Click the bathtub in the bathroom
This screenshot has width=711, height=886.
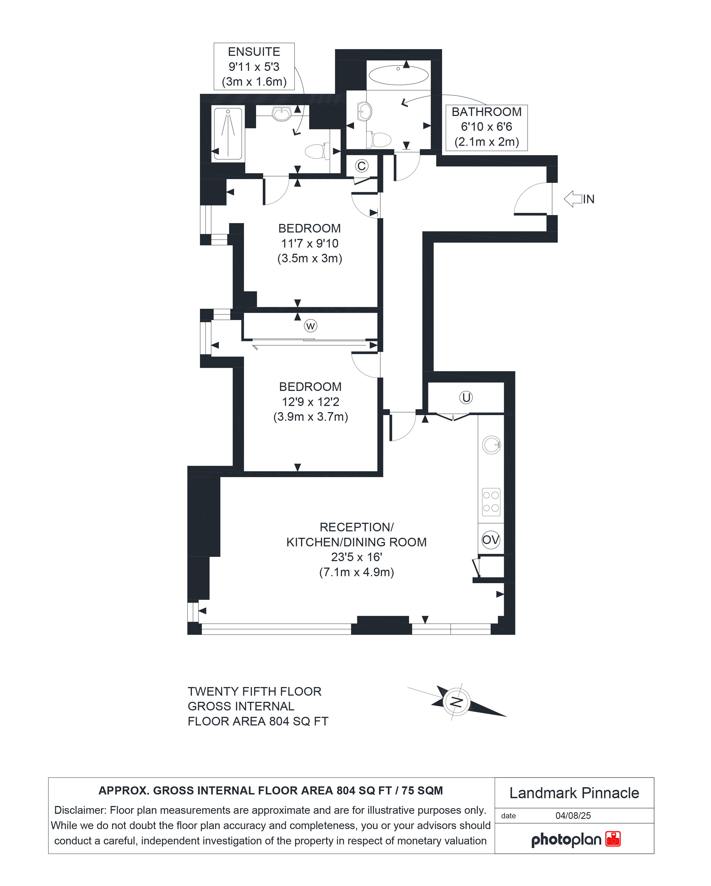point(398,75)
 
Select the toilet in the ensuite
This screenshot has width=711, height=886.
point(318,151)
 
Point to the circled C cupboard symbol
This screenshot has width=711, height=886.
point(362,166)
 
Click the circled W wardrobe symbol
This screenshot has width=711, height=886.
point(311,326)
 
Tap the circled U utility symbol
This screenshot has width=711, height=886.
point(466,397)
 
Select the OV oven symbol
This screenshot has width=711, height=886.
point(491,540)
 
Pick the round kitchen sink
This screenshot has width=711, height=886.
point(491,445)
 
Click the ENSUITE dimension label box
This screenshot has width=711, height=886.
point(254,66)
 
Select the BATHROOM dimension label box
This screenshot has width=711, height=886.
point(487,127)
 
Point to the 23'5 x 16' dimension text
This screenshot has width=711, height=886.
point(356,557)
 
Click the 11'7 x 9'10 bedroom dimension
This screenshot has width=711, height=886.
point(310,243)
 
